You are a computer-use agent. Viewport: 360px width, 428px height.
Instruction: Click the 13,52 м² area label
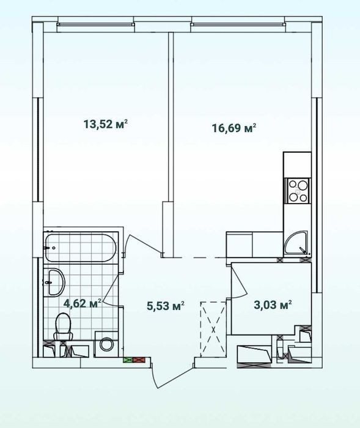point(106,125)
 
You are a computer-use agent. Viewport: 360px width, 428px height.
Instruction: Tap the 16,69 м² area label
point(234,128)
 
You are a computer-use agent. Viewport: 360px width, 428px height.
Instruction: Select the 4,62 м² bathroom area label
point(83,303)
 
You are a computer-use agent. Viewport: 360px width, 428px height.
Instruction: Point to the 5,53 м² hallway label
point(166,306)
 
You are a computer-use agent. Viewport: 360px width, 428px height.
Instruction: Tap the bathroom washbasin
point(56,282)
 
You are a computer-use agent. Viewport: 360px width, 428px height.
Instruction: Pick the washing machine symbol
point(106,344)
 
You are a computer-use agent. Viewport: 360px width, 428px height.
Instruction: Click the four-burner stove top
point(298,191)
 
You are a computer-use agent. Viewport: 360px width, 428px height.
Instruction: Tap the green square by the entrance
point(128,360)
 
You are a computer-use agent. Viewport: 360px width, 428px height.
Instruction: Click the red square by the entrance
point(139,360)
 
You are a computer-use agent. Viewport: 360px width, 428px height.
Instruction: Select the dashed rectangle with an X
point(213,329)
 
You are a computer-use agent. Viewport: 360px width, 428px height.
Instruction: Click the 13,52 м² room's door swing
point(143,246)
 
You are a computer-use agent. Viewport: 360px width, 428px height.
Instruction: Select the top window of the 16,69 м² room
point(238,24)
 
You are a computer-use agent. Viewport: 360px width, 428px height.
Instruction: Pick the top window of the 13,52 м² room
point(96,24)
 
